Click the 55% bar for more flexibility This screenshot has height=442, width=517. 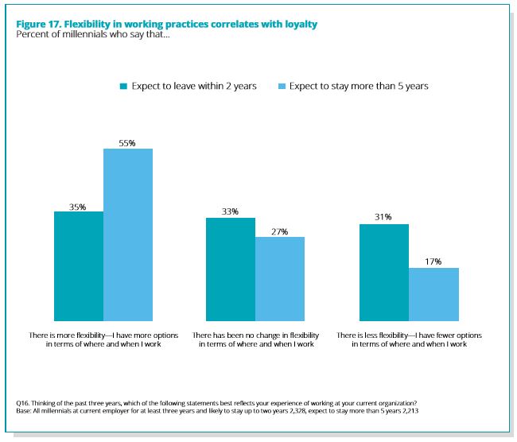[x=128, y=235]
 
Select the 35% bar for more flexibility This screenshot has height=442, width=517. [x=79, y=266]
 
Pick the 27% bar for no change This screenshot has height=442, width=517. [x=280, y=278]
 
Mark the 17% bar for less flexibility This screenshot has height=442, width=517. [x=433, y=293]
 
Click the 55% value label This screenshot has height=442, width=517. [x=128, y=143]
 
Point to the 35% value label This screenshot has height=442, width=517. [x=78, y=206]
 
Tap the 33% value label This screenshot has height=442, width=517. [x=231, y=211]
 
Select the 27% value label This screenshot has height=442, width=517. [x=279, y=231]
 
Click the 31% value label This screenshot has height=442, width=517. [x=384, y=218]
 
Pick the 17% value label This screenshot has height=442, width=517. [x=433, y=262]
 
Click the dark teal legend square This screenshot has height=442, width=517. [x=124, y=86]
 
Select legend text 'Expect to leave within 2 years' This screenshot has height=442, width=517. [x=194, y=86]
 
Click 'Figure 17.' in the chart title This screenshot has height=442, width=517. [x=40, y=24]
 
